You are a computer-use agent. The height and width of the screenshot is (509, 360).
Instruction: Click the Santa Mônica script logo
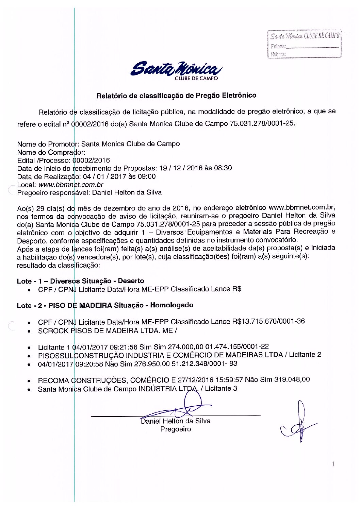pyautogui.click(x=176, y=69)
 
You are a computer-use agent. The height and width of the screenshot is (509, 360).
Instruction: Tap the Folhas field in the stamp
pyautogui.click(x=312, y=46)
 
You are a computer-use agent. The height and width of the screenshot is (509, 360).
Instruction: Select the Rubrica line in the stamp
pyautogui.click(x=312, y=54)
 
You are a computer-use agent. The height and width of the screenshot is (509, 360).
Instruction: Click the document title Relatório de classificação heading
pyautogui.click(x=176, y=96)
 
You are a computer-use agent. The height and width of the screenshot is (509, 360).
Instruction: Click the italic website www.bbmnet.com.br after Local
pyautogui.click(x=71, y=185)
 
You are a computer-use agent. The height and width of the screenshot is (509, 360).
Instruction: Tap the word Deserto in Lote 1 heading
pyautogui.click(x=131, y=281)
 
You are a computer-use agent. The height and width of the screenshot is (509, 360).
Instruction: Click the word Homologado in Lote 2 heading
pyautogui.click(x=172, y=305)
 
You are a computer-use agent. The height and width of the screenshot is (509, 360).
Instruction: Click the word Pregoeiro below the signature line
pyautogui.click(x=176, y=429)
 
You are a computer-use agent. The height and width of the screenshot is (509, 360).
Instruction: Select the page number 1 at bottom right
pyautogui.click(x=333, y=464)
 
